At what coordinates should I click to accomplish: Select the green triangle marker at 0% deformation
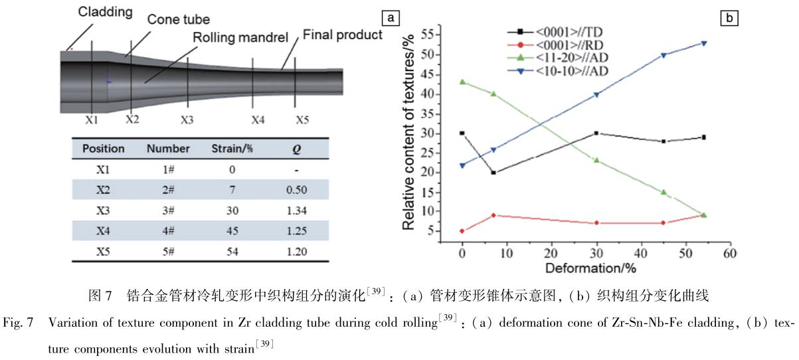(462, 82)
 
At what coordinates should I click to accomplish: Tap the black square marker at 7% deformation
(493, 173)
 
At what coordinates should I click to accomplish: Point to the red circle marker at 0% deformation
(462, 231)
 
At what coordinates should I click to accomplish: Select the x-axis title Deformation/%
(588, 268)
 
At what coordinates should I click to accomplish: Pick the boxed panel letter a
(393, 17)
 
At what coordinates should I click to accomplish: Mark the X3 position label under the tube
(187, 121)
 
